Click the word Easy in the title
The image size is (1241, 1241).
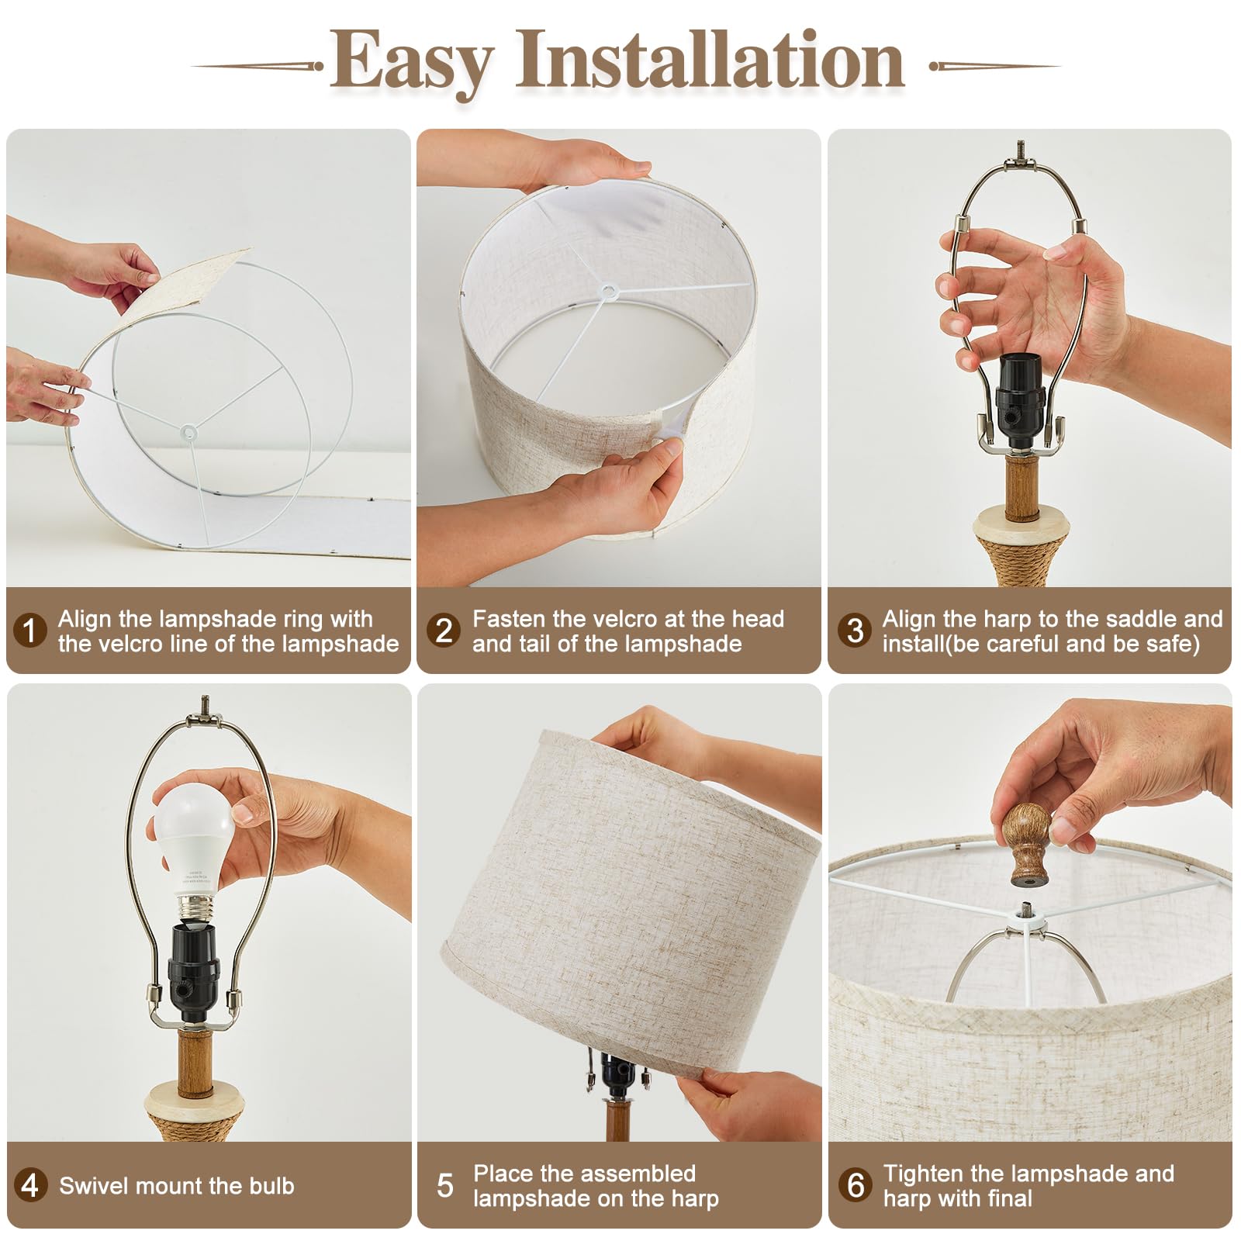pos(411,62)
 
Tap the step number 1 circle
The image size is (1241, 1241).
pos(29,631)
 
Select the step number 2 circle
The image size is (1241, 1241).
pos(444,631)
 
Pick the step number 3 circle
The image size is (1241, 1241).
pos(855,631)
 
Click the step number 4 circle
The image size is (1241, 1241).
pos(29,1185)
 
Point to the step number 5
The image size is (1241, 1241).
pos(444,1185)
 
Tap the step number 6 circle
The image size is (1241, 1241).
pos(855,1185)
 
